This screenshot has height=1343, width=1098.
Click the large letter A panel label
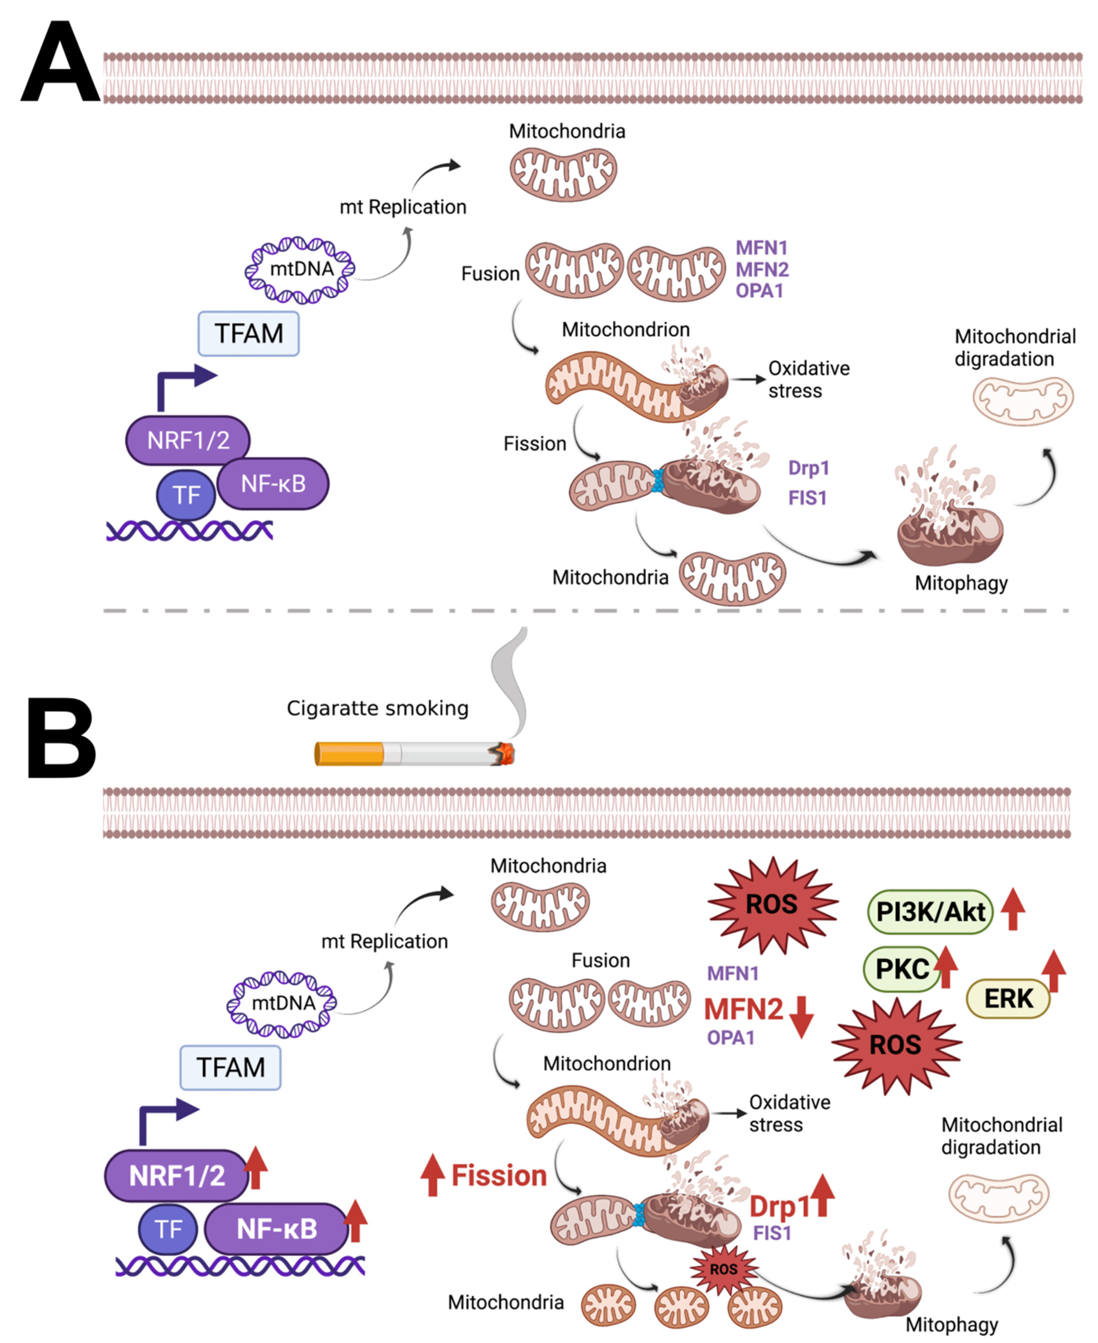click(x=60, y=63)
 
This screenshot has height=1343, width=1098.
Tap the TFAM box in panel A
click(x=249, y=334)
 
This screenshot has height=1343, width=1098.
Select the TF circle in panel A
click(x=186, y=495)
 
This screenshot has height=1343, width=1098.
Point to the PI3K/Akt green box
click(x=930, y=911)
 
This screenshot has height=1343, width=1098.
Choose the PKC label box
click(x=901, y=969)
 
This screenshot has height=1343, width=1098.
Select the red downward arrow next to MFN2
click(x=801, y=1017)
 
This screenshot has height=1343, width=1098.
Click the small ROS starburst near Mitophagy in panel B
click(x=723, y=1269)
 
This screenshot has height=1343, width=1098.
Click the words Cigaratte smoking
click(x=377, y=708)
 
